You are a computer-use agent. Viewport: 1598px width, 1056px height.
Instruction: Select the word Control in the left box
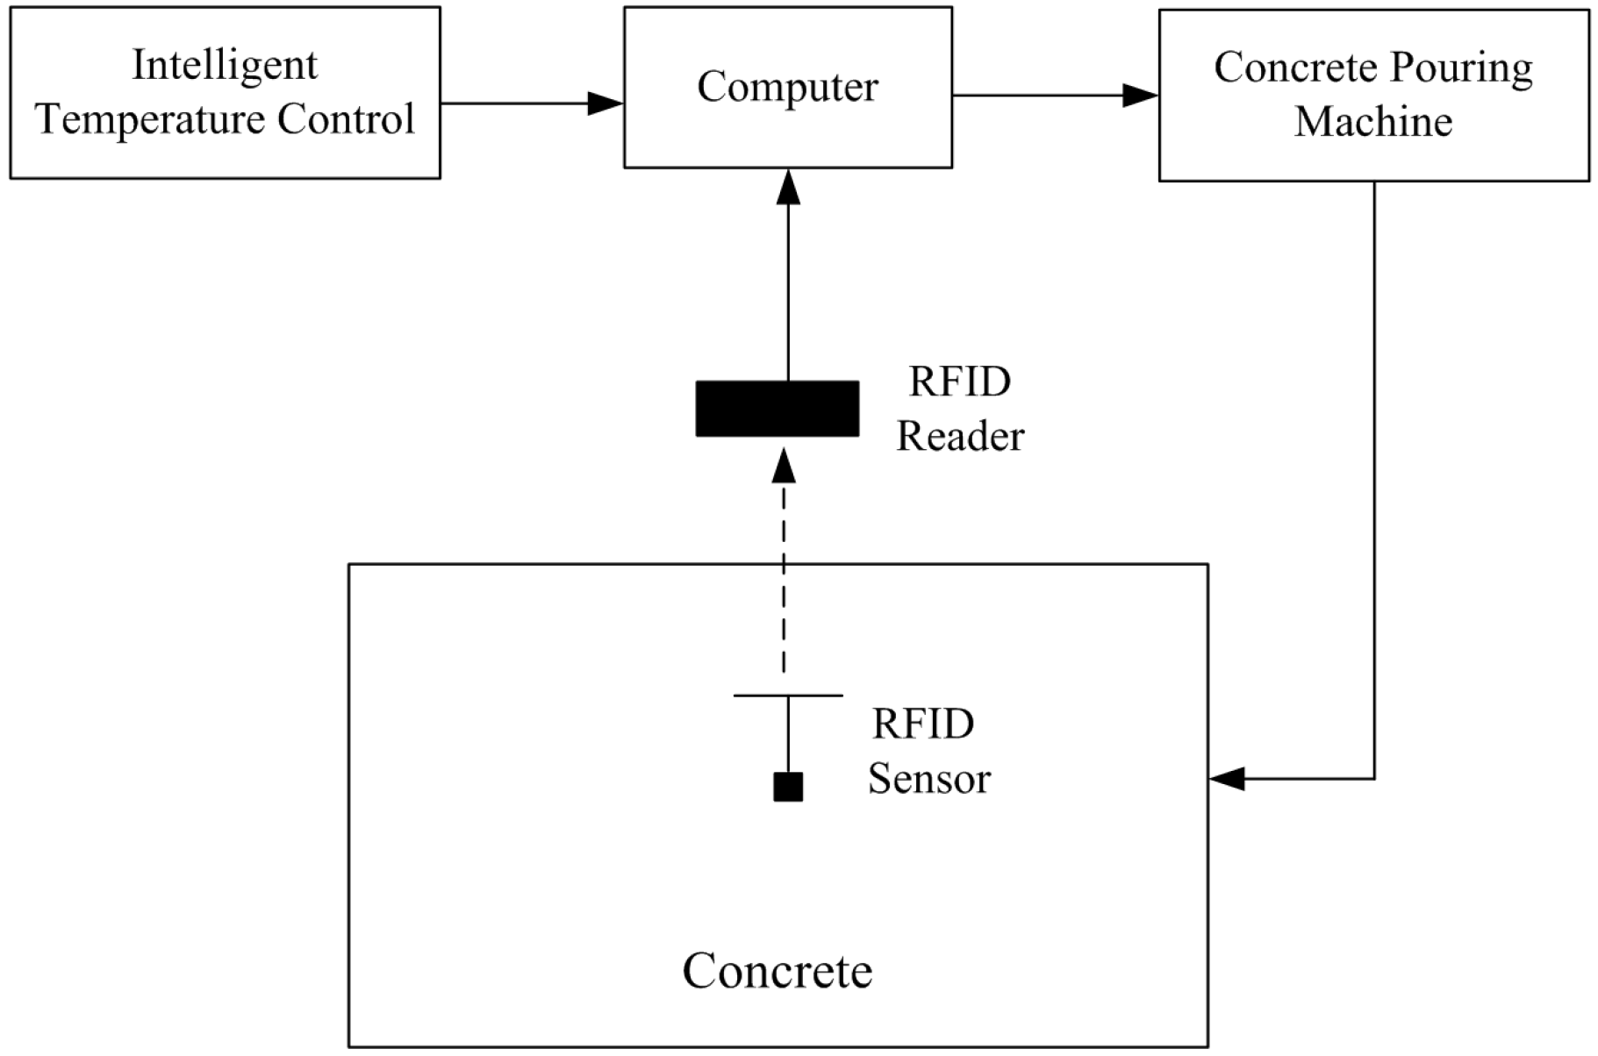(x=346, y=120)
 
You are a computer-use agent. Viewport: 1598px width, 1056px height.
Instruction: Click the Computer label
(x=787, y=87)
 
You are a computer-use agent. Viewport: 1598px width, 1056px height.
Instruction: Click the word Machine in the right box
(x=1373, y=121)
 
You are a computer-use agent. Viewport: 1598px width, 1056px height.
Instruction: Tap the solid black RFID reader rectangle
(x=777, y=409)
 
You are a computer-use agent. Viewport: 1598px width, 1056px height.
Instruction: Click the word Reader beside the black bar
(x=960, y=436)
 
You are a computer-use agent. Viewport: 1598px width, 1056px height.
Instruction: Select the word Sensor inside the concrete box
(x=929, y=778)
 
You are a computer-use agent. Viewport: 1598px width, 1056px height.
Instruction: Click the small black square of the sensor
(x=788, y=787)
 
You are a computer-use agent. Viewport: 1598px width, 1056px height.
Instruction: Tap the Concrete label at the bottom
(x=778, y=971)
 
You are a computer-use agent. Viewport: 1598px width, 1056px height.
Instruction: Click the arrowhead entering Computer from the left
(x=606, y=103)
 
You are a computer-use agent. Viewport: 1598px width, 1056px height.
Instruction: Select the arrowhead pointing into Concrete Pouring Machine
(x=1141, y=95)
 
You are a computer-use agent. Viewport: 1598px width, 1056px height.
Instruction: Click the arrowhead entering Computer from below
(x=788, y=187)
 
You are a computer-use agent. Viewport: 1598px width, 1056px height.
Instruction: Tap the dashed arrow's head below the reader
(x=784, y=466)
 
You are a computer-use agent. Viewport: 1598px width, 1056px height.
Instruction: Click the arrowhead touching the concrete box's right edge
(x=1227, y=778)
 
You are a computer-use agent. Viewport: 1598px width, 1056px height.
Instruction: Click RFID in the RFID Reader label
(x=960, y=382)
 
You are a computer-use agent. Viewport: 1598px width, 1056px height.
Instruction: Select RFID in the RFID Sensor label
(x=923, y=724)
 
